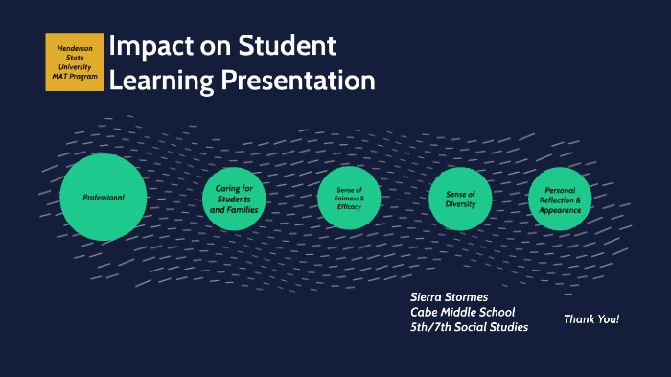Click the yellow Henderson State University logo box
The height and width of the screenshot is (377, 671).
pyautogui.click(x=74, y=61)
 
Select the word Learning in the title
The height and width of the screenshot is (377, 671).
pyautogui.click(x=162, y=82)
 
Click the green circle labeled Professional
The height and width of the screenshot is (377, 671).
pyautogui.click(x=104, y=197)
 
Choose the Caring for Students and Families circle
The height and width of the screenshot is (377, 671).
pyautogui.click(x=234, y=199)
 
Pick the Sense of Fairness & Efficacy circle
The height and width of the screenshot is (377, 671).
pyautogui.click(x=349, y=198)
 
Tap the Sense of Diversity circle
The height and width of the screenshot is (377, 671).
pyautogui.click(x=460, y=198)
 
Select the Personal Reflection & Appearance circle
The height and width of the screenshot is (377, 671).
pyautogui.click(x=560, y=199)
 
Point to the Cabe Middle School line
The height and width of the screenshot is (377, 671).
pyautogui.click(x=462, y=312)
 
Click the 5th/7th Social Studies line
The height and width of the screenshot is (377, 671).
pyautogui.click(x=469, y=327)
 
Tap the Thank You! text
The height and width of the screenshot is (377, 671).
pyautogui.click(x=590, y=318)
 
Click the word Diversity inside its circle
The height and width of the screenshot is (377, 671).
pyautogui.click(x=460, y=203)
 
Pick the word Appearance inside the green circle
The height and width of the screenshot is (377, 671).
pyautogui.click(x=561, y=209)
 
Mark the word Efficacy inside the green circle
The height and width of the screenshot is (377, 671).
pyautogui.click(x=350, y=207)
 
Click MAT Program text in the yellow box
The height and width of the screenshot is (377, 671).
pyautogui.click(x=75, y=77)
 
